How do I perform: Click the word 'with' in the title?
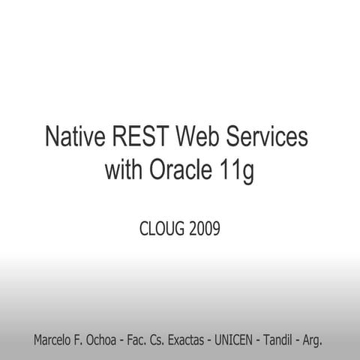point(124,171)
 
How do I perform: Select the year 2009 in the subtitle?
point(205,228)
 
